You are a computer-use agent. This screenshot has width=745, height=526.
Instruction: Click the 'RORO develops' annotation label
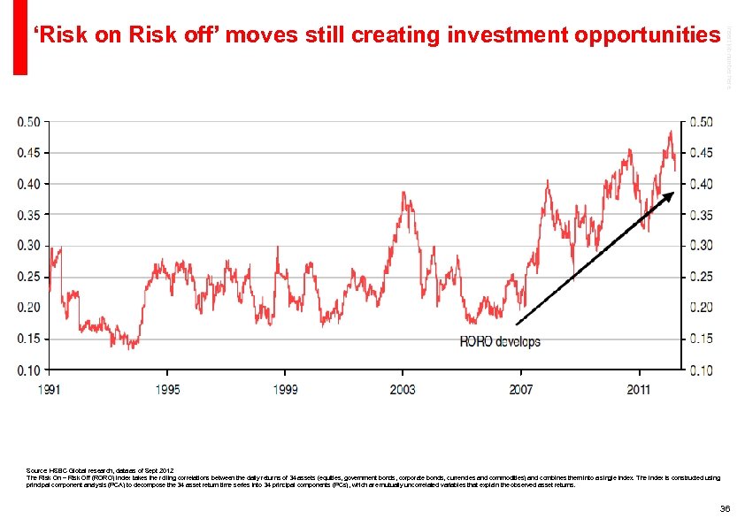click(499, 341)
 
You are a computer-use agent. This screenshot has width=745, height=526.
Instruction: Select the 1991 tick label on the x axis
click(50, 389)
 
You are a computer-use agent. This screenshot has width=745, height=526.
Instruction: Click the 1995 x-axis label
click(167, 389)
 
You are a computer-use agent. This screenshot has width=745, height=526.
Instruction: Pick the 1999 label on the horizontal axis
click(285, 389)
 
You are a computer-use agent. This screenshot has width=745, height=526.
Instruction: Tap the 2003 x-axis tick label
click(403, 389)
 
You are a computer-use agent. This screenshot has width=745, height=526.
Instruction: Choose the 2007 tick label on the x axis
click(521, 389)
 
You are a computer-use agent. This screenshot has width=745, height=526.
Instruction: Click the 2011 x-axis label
click(639, 389)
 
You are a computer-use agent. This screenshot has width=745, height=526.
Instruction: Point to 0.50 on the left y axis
click(29, 122)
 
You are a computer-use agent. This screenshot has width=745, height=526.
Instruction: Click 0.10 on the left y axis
click(29, 370)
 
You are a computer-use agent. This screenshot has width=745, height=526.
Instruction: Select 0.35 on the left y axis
click(29, 215)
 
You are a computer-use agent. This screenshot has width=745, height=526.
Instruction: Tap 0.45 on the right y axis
click(701, 153)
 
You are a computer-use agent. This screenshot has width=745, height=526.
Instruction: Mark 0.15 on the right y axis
click(701, 339)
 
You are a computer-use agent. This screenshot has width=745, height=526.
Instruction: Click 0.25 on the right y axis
click(701, 277)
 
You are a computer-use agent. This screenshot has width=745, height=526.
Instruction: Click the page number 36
click(725, 508)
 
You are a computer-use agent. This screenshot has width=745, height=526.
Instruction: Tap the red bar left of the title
click(19, 37)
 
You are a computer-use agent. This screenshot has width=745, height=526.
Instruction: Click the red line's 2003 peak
click(403, 193)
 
